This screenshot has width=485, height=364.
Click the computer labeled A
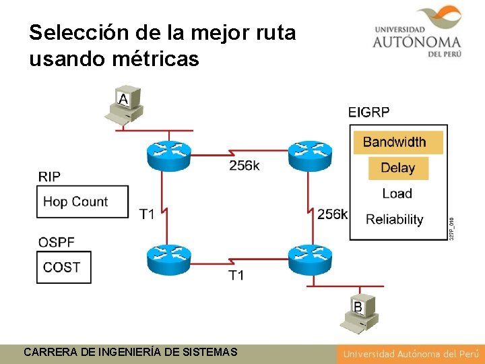click(x=124, y=105)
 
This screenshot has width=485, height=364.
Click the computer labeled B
click(x=360, y=313)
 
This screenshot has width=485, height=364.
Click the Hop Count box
click(x=82, y=202)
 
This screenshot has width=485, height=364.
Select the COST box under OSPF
click(x=64, y=267)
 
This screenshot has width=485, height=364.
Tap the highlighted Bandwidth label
click(x=395, y=142)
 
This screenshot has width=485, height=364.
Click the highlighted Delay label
click(x=398, y=168)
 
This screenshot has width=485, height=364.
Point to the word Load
click(x=397, y=193)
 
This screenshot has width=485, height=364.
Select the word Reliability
click(x=395, y=219)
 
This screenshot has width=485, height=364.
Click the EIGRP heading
click(x=369, y=113)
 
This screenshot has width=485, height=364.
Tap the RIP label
click(x=49, y=177)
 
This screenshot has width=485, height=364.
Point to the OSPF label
click(x=57, y=241)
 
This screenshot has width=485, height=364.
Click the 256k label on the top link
click(x=244, y=166)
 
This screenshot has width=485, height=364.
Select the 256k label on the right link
click(x=333, y=214)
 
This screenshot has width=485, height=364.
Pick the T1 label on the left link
click(x=147, y=214)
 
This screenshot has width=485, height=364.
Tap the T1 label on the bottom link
click(x=236, y=275)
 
